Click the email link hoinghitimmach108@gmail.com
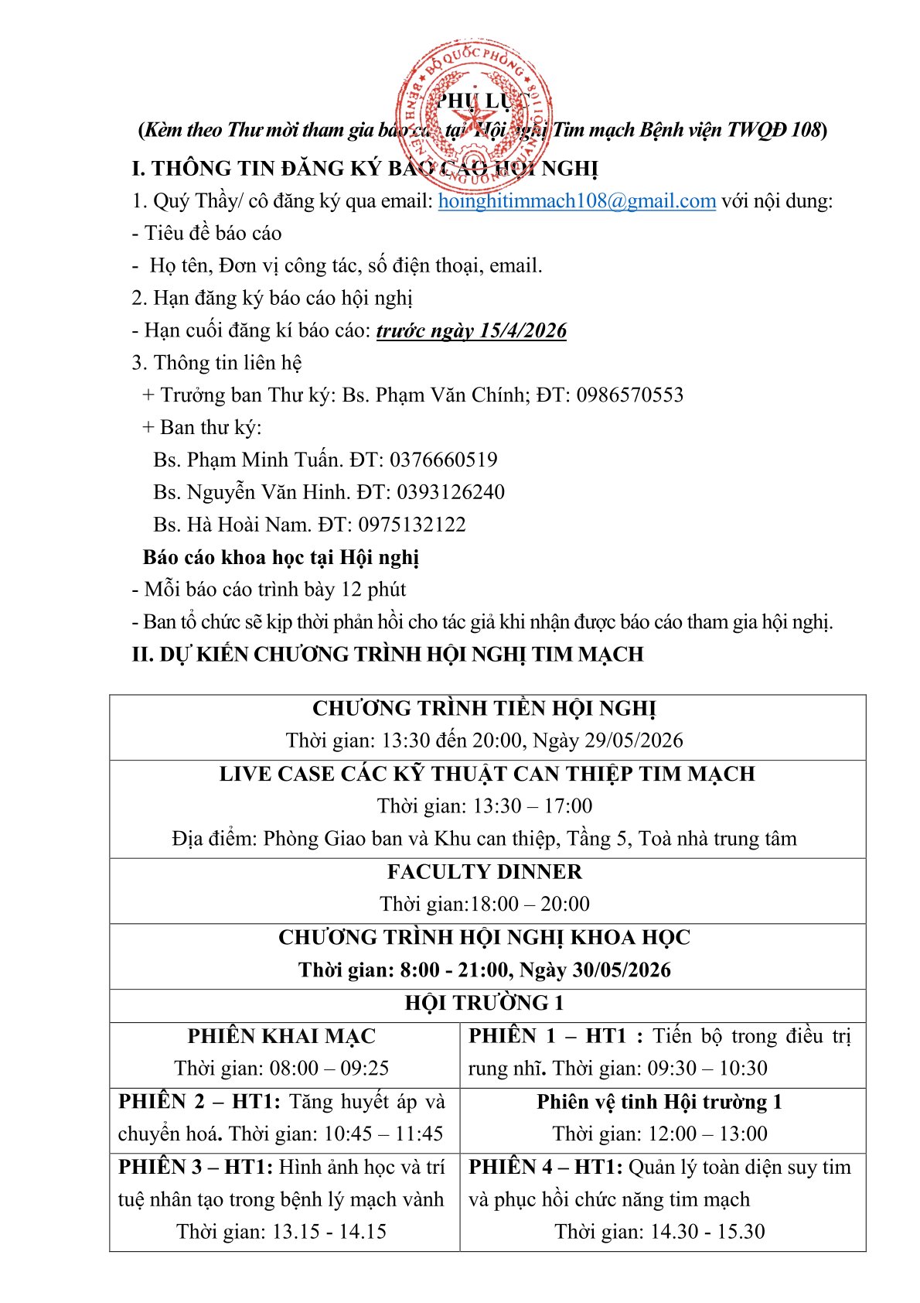coord(577,201)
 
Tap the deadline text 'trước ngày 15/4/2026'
coord(472,331)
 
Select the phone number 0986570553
coord(629,395)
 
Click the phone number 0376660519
coord(443,460)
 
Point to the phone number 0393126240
coord(450,492)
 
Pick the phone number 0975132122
coord(411,525)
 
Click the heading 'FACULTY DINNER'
coord(485,872)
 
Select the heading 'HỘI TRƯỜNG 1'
coord(485,1004)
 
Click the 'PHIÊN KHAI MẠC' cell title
coord(281,1036)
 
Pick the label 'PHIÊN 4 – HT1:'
coord(546,1167)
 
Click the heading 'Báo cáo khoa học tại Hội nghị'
coord(281,557)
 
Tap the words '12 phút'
coord(373,590)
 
